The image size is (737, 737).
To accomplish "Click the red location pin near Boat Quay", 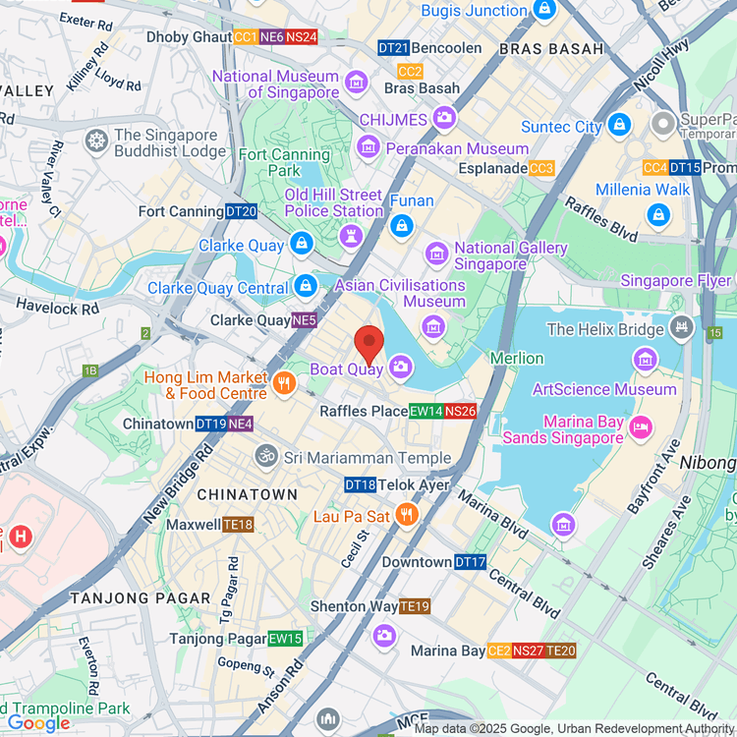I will [368, 345].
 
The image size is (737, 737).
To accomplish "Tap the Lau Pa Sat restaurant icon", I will [407, 515].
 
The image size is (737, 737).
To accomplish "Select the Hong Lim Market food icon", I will [284, 384].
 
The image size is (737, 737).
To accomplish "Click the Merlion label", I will [516, 358].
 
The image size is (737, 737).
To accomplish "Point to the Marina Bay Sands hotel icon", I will [641, 427].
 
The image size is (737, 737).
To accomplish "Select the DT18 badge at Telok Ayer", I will [360, 484].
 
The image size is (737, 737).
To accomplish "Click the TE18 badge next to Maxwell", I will [238, 525].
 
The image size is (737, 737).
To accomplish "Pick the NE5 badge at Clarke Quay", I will [305, 320].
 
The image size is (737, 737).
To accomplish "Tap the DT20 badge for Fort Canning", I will [241, 211].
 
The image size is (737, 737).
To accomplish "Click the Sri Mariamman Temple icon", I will [264, 457].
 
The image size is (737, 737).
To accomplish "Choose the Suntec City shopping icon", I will [619, 125].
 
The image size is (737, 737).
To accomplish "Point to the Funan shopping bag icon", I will [401, 226].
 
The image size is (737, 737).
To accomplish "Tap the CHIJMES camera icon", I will [444, 119].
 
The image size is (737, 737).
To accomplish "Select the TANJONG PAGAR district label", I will [140, 597].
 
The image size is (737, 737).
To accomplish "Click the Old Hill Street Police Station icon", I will [351, 237].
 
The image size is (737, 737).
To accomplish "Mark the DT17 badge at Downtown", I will [470, 562].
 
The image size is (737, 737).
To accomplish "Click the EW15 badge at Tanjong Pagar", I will [285, 639].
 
